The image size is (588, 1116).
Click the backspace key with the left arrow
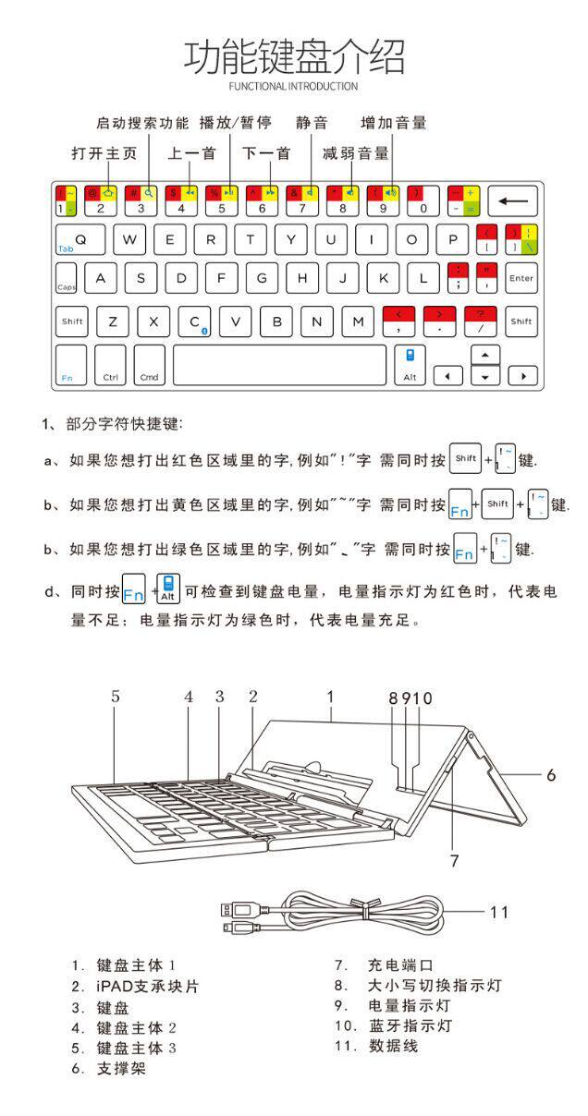click(x=516, y=200)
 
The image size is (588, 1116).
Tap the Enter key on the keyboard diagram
click(x=521, y=277)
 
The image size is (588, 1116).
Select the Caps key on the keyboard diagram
click(x=67, y=279)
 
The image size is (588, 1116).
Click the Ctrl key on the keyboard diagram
click(x=110, y=365)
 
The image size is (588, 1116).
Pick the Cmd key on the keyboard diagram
click(x=149, y=365)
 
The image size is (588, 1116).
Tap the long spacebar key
click(x=279, y=364)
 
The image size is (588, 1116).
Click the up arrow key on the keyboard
click(x=485, y=356)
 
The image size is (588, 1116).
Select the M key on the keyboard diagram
click(x=358, y=321)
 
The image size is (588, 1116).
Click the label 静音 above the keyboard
click(x=312, y=123)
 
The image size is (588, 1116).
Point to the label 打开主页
click(x=104, y=153)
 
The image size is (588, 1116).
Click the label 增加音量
click(x=393, y=123)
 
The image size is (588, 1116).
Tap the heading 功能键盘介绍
click(x=294, y=56)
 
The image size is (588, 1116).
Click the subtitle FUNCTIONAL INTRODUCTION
click(x=293, y=86)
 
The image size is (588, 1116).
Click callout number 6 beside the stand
click(x=551, y=774)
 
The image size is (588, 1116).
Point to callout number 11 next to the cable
click(x=499, y=912)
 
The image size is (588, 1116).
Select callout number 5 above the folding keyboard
click(x=116, y=697)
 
